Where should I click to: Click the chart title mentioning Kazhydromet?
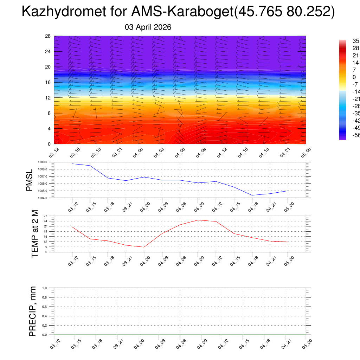tap(178, 12)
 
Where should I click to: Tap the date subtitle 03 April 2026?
tap(148, 27)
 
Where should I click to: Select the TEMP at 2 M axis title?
tap(34, 233)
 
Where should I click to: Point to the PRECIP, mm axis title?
tap(33, 311)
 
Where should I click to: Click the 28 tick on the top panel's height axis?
tap(48, 36)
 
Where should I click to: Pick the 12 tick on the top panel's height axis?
tap(48, 98)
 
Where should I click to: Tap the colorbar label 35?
tap(356, 41)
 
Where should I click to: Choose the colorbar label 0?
tap(354, 77)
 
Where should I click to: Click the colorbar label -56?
tap(356, 135)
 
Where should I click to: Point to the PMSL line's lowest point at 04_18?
tap(252, 195)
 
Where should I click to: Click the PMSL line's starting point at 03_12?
tap(72, 164)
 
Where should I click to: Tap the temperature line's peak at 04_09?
tap(198, 220)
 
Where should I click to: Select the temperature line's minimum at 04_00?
tap(144, 247)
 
